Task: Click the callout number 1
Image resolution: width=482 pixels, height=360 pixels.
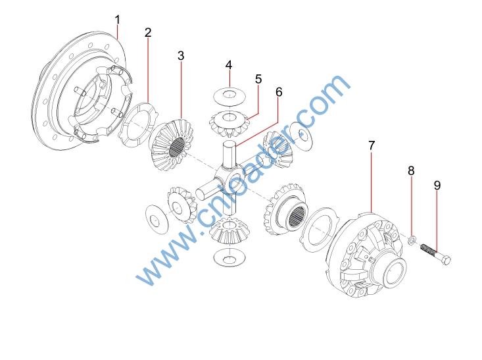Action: [118, 20]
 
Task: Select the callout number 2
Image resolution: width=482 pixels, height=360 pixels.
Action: [148, 32]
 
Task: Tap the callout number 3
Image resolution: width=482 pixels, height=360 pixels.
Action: [181, 56]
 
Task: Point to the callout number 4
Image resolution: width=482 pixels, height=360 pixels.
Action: [229, 65]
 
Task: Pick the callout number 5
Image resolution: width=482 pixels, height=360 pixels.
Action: [258, 79]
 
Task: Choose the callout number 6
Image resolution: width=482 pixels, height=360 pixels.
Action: [279, 92]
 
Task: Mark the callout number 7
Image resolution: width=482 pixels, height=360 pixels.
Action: [372, 145]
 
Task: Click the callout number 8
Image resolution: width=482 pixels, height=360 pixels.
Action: [411, 170]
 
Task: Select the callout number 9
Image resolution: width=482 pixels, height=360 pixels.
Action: [437, 185]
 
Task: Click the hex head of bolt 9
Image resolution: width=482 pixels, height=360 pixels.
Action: [447, 260]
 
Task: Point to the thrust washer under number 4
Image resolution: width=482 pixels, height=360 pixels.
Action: [229, 95]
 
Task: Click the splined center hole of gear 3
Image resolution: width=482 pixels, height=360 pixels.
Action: [178, 147]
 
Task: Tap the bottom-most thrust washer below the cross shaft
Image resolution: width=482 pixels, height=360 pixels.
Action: [229, 257]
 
